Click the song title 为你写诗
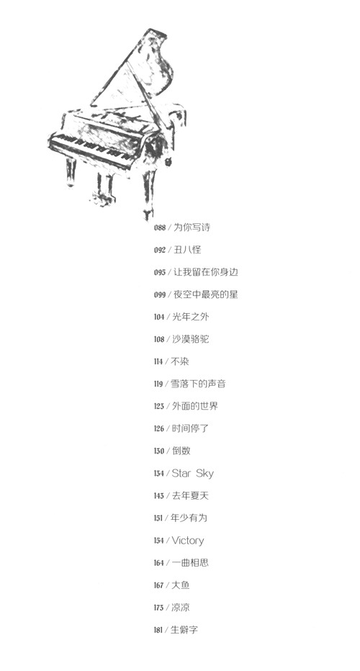192,228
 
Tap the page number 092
160,250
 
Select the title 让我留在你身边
205,271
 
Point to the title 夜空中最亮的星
205,294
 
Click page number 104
159,317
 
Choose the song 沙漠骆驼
191,339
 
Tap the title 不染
180,361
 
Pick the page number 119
158,384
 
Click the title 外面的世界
195,405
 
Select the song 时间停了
190,428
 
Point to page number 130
159,451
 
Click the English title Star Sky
193,473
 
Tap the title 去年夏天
190,495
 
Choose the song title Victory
188,541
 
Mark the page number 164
159,563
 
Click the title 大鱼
181,585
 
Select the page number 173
159,608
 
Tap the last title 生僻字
184,629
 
